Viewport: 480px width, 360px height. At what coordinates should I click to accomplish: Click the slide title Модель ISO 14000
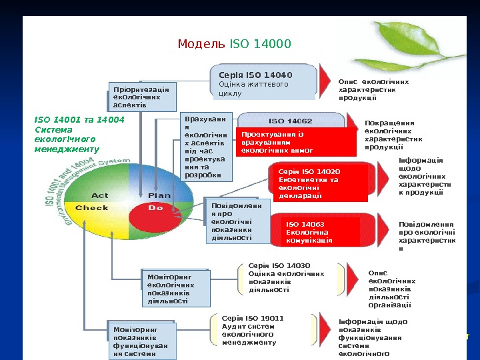(x=234, y=45)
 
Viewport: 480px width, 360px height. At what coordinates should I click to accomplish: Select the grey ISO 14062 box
(x=291, y=121)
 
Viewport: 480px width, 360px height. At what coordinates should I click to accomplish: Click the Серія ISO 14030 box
(x=287, y=277)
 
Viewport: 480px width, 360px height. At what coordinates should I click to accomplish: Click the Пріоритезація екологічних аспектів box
(x=141, y=97)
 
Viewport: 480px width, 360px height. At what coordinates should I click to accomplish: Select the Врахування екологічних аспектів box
(x=206, y=147)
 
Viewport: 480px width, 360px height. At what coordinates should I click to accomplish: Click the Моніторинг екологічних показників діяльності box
(x=175, y=287)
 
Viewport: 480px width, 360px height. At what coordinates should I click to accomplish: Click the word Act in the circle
(x=99, y=195)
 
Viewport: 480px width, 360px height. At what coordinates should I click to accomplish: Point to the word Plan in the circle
(x=159, y=195)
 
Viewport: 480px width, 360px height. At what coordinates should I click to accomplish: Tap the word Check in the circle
(x=92, y=208)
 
